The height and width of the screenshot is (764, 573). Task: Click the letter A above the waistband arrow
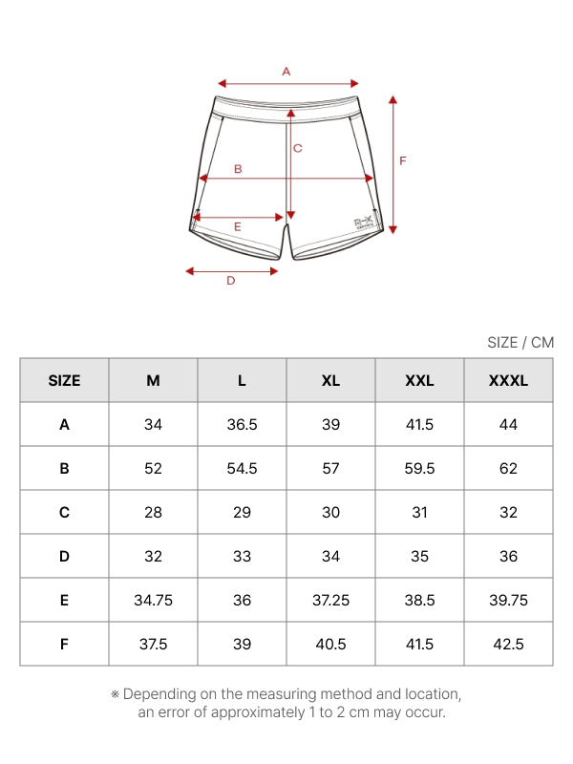[x=286, y=72]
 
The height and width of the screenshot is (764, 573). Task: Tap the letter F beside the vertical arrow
[x=402, y=160]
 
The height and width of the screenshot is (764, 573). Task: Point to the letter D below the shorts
[x=231, y=280]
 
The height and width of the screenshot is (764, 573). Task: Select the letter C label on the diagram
[x=298, y=148]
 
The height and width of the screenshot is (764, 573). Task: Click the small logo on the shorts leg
[x=364, y=223]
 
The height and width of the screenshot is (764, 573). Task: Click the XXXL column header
[x=508, y=380]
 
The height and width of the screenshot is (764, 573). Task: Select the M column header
[x=153, y=380]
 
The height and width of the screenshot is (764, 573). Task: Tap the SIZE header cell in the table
[x=64, y=380]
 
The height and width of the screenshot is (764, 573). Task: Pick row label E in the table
[x=64, y=601]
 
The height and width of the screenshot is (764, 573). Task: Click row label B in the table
[x=64, y=468]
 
